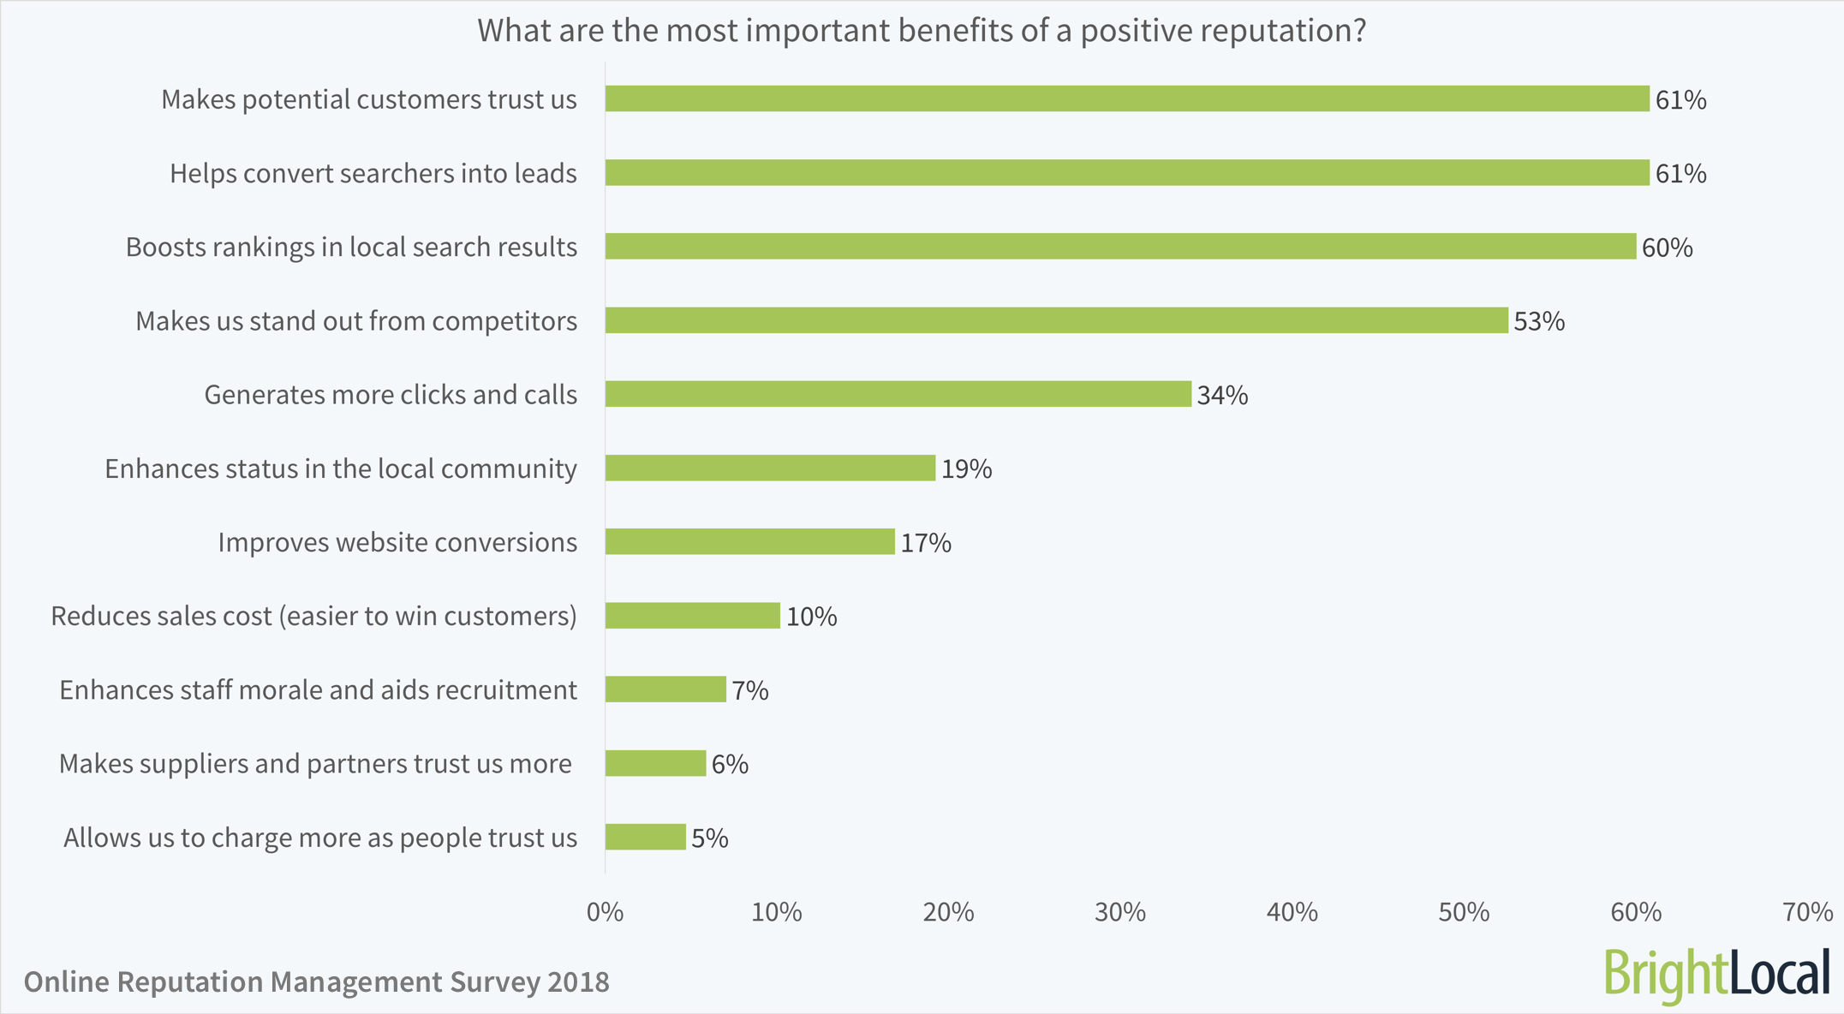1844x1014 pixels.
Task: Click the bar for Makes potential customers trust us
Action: (x=1126, y=98)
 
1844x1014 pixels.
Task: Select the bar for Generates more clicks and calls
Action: (x=898, y=394)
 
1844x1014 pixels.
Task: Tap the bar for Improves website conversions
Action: (x=749, y=541)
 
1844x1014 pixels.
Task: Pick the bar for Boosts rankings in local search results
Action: (x=1120, y=247)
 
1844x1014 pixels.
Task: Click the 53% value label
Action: (x=1539, y=321)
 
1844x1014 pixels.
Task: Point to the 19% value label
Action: (x=966, y=468)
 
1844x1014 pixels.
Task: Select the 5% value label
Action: (x=709, y=838)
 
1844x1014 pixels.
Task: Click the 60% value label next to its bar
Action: (x=1667, y=248)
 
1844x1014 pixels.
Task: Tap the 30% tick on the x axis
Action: (x=1120, y=912)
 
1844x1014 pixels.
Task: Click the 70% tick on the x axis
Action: (x=1807, y=912)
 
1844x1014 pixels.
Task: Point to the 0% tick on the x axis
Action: (x=605, y=912)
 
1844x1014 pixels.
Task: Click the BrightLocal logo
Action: (x=1716, y=975)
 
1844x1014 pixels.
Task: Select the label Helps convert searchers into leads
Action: (x=373, y=173)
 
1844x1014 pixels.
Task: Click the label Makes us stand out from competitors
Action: (x=355, y=321)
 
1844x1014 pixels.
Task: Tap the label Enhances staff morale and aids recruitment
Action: (x=318, y=689)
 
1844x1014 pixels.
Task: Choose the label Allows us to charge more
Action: (x=319, y=838)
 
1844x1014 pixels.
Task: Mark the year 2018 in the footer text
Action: (x=578, y=981)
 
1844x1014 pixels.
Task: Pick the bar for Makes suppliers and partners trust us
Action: (x=655, y=763)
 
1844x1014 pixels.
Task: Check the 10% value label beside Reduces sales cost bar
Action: (x=811, y=617)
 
